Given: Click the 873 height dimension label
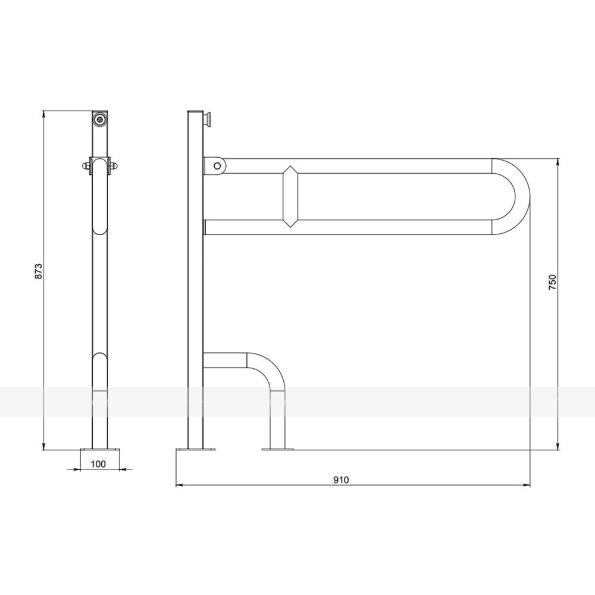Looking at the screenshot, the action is pos(39,271).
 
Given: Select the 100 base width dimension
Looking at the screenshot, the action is pos(98,464).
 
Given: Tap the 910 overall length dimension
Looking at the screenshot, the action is pos(341,480).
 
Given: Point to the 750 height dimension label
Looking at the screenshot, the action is pos(552,283).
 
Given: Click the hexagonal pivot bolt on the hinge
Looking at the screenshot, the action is pos(217,166).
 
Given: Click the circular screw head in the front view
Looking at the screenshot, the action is pos(100,119).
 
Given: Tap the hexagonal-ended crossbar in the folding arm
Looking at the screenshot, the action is pos(290,196).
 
